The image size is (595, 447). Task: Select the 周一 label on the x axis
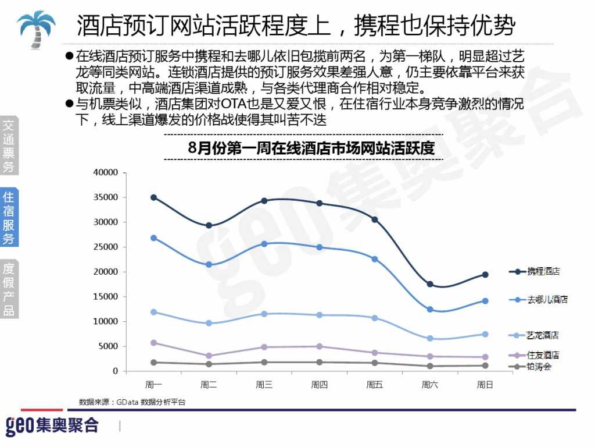pyautogui.click(x=153, y=384)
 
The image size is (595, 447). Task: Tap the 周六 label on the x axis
pyautogui.click(x=429, y=384)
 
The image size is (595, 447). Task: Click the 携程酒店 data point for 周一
pyautogui.click(x=153, y=197)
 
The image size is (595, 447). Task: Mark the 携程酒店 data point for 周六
pyautogui.click(x=430, y=284)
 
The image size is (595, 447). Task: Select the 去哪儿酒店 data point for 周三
pyautogui.click(x=264, y=244)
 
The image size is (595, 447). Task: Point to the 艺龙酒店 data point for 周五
pyautogui.click(x=375, y=318)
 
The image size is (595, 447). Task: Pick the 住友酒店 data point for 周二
pyautogui.click(x=209, y=356)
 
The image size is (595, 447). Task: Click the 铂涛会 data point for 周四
pyautogui.click(x=319, y=362)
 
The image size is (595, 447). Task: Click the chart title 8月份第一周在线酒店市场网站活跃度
pyautogui.click(x=311, y=148)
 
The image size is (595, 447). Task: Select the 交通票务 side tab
pyautogui.click(x=9, y=146)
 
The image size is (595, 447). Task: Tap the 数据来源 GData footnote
pyautogui.click(x=132, y=402)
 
